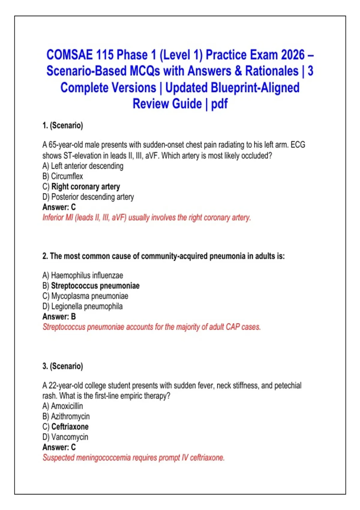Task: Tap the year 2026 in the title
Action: click(292, 55)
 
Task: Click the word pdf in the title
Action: click(219, 104)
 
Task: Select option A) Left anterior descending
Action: click(83, 166)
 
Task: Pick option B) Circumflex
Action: click(62, 176)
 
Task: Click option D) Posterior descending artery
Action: click(88, 197)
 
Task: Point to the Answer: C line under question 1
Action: click(59, 207)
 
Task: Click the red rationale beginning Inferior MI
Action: click(146, 217)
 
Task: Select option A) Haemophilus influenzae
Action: click(83, 275)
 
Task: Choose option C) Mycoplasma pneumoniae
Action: click(85, 296)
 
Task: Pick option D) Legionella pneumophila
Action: click(82, 306)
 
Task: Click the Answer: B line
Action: click(59, 316)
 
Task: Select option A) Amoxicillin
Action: click(63, 406)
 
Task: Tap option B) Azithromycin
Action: click(66, 416)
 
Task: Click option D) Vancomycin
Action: click(65, 437)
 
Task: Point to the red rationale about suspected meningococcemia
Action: click(133, 457)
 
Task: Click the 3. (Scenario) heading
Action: click(63, 366)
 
